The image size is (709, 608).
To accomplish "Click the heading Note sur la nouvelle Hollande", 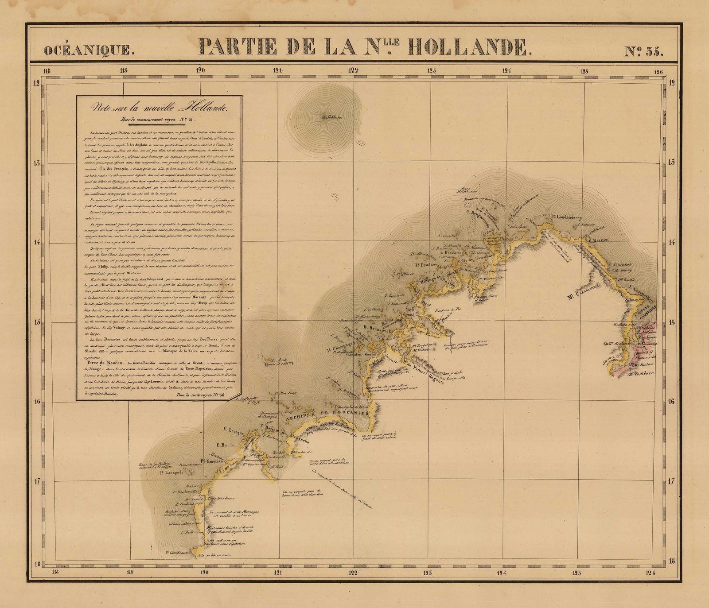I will tap(159, 108).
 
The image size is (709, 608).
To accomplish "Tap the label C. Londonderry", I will tap(572, 217).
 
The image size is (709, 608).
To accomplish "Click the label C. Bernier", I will tap(599, 240).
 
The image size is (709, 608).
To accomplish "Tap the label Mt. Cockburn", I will tap(643, 373).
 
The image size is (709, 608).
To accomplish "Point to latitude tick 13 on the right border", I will tap(672, 163).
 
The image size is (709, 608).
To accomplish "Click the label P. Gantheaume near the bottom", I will tap(177, 553).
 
